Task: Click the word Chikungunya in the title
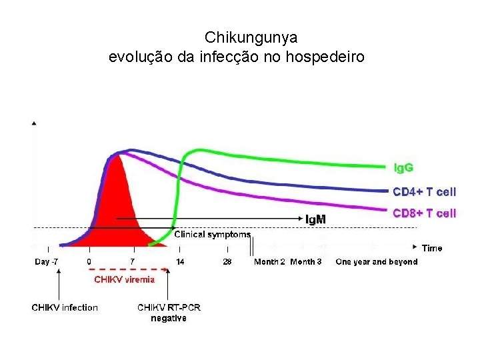251,38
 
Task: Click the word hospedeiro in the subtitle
325,57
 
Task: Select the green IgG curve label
403,168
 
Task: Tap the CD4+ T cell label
424,192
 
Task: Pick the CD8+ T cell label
424,213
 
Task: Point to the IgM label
315,219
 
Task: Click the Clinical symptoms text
213,235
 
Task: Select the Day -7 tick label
46,262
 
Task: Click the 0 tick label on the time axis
89,262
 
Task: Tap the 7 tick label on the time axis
132,262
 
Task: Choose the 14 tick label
180,262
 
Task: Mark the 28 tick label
227,262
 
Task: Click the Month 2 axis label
269,262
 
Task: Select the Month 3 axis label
306,262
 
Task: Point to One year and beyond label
377,262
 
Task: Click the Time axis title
432,248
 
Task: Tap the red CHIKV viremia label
124,279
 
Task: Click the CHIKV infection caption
65,307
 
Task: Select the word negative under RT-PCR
169,318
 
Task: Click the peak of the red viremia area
115,155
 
